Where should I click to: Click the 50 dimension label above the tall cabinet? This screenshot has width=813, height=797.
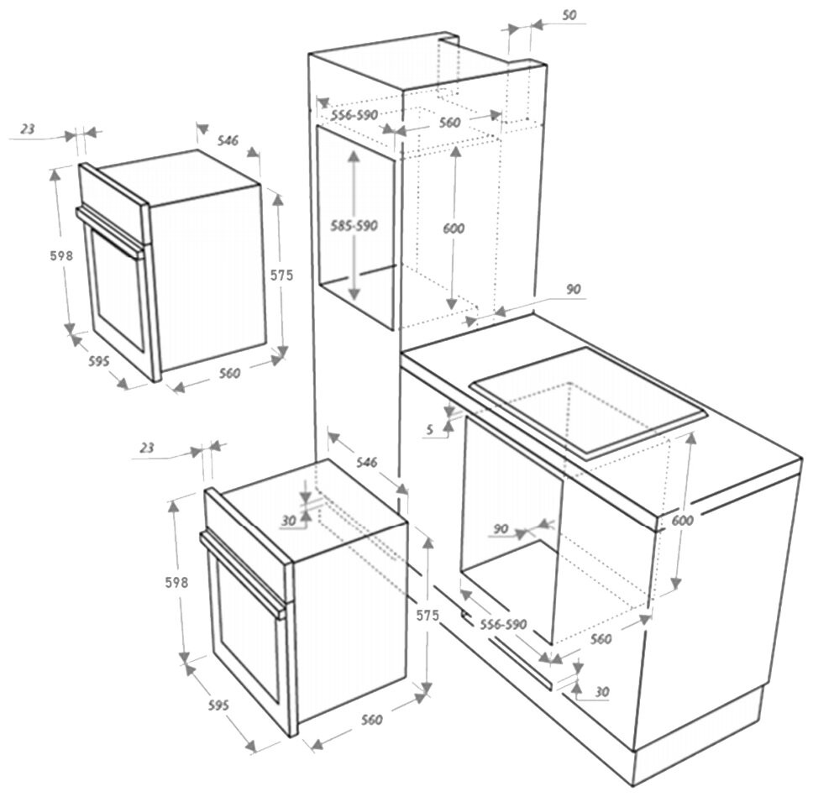(x=569, y=16)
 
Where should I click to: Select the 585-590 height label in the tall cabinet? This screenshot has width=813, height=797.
(x=354, y=226)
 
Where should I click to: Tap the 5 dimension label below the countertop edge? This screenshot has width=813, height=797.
(x=430, y=429)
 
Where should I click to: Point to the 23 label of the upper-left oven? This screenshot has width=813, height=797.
(x=28, y=129)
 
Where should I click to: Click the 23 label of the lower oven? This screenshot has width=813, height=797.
(x=147, y=448)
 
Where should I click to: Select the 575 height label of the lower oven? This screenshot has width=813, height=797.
(x=427, y=616)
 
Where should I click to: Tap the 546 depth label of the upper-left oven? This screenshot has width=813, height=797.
(x=228, y=141)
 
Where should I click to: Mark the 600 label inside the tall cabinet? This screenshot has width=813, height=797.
(x=454, y=228)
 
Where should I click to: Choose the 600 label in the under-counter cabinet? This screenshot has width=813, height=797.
(x=682, y=521)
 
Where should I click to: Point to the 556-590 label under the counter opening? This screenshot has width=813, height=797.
(x=502, y=624)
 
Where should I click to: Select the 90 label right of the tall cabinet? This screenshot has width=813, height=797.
(x=573, y=289)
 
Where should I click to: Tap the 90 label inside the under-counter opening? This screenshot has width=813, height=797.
(x=501, y=528)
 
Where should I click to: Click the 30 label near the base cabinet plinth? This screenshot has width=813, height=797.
(x=601, y=691)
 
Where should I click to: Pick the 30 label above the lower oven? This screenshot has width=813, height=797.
(x=289, y=521)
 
